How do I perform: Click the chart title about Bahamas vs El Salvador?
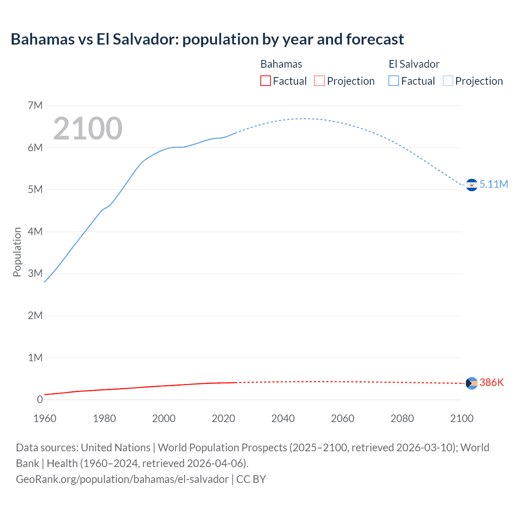[207, 39]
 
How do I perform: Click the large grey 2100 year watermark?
[88, 129]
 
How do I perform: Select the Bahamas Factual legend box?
[265, 81]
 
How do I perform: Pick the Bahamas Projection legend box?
[320, 81]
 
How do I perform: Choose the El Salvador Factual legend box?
[393, 81]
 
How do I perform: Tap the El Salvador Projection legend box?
[448, 81]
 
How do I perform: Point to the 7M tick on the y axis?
[35, 106]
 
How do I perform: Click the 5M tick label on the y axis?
[35, 190]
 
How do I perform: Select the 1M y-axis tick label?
[35, 358]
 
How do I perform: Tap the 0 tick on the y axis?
[40, 400]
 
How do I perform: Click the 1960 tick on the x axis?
[45, 418]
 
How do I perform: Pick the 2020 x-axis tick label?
[223, 418]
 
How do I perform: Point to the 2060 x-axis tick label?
[343, 418]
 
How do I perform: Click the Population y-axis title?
[17, 252]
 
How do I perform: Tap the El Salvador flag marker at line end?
[472, 185]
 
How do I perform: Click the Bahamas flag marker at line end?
[472, 383]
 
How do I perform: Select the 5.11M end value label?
[493, 184]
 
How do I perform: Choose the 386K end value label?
[491, 383]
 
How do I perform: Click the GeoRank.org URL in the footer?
[122, 479]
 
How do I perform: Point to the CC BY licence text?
[251, 479]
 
